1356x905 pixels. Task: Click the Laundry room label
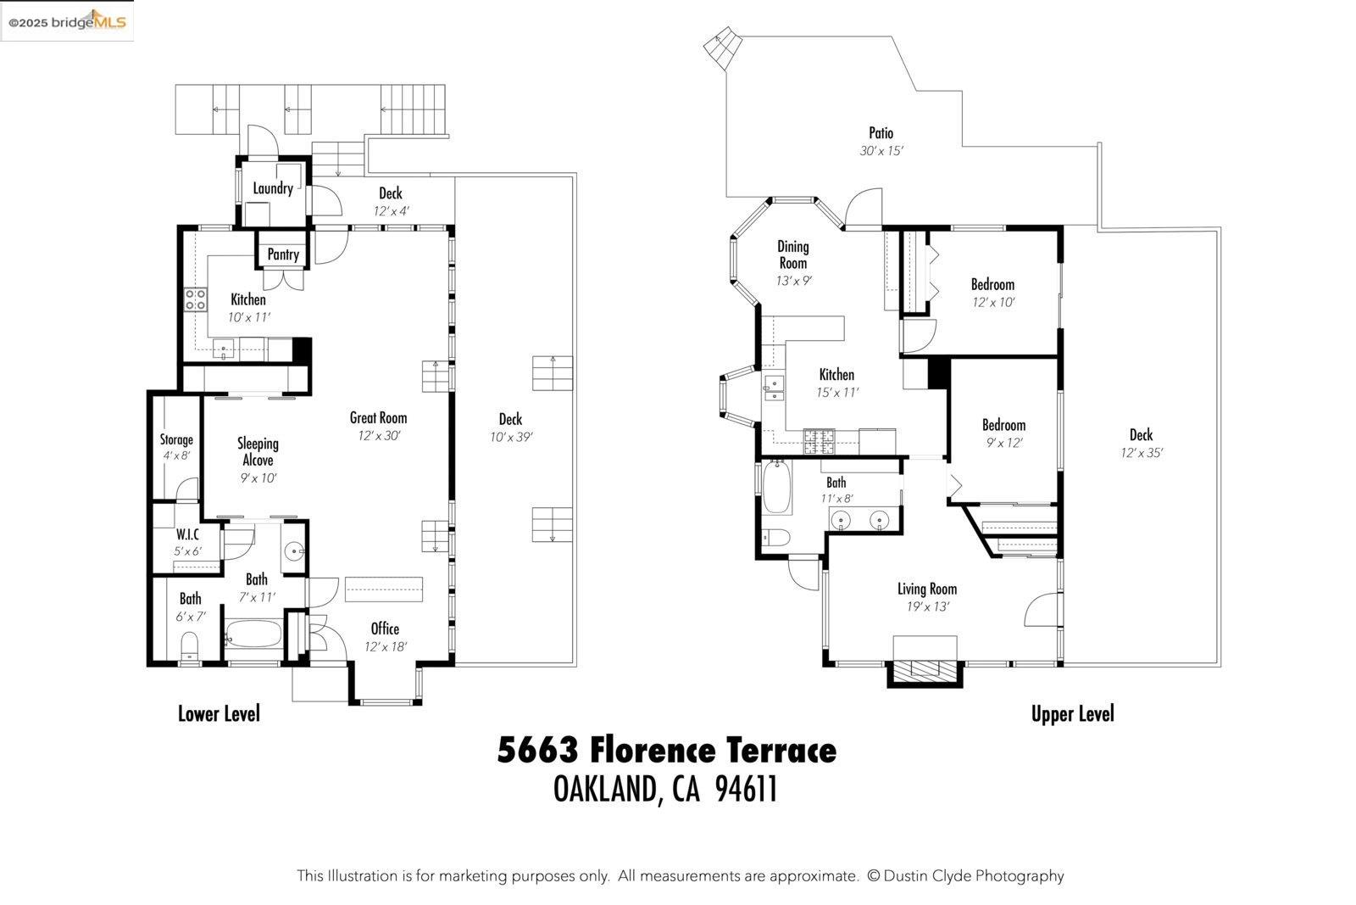[273, 188]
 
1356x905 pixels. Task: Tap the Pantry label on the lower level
[283, 254]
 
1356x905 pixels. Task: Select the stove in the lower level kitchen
[196, 299]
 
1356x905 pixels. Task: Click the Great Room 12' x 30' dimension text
[378, 436]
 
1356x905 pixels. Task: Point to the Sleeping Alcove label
[258, 451]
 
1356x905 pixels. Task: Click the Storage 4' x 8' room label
[176, 439]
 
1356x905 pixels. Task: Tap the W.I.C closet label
[187, 534]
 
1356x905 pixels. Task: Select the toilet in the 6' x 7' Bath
[190, 650]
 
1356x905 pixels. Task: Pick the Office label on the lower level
[385, 628]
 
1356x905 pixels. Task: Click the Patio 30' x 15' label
[881, 133]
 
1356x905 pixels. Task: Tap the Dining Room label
[793, 254]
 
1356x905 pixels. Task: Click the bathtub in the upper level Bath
[776, 488]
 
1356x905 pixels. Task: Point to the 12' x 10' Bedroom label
[992, 284]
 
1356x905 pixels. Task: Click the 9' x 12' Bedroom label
[1003, 425]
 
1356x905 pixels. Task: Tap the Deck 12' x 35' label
[1141, 435]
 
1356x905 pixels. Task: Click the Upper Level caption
[1072, 714]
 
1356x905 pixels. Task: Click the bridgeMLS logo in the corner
[68, 21]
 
